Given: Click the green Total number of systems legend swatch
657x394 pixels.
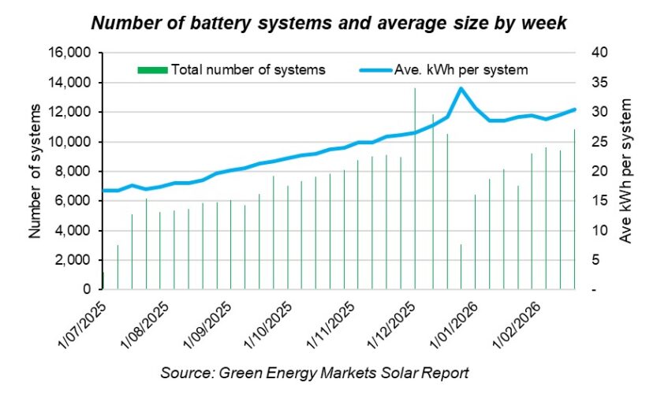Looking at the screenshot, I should (x=151, y=69).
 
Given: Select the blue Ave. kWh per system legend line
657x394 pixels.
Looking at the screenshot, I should (x=379, y=69).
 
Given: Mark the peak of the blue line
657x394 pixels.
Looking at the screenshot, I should (x=461, y=88).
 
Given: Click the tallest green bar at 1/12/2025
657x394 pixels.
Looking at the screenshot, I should (x=416, y=189).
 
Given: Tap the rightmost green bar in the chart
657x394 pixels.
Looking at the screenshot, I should (x=574, y=210).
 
